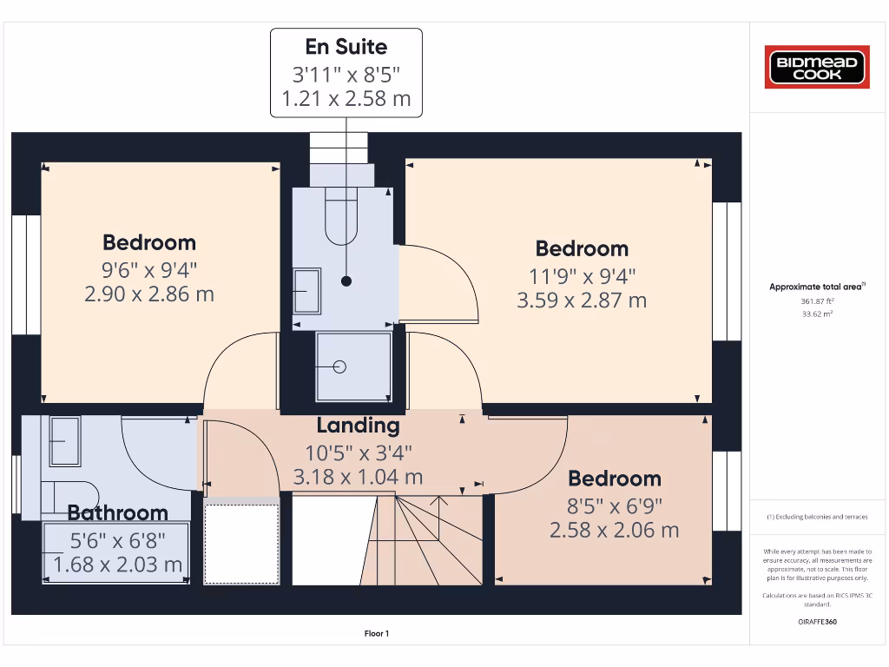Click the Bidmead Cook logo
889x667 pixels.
[816, 68]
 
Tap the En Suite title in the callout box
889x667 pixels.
[346, 47]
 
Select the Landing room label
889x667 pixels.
[358, 426]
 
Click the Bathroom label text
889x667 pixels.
[117, 513]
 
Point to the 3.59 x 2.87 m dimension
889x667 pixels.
[581, 300]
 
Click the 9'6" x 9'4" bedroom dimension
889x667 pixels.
[148, 268]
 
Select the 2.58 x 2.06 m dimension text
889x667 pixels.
[614, 530]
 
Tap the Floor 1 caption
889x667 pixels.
[376, 634]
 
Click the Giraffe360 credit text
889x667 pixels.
[816, 622]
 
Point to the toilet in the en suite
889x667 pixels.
[340, 217]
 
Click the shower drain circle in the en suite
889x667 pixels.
[339, 367]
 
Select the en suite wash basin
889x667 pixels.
[306, 285]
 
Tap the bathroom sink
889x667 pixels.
[64, 439]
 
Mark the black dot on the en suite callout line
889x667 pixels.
[346, 281]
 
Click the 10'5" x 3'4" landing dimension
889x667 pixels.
[358, 452]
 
